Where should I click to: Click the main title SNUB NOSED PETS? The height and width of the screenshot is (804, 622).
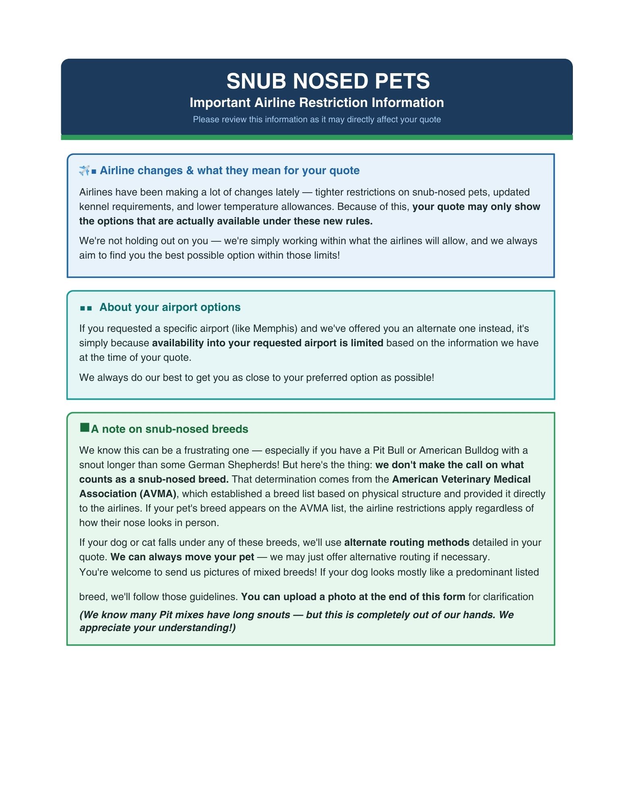tap(328, 81)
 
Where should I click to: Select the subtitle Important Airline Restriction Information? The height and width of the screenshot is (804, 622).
tap(316, 103)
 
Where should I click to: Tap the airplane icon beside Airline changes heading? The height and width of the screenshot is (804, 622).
tap(84, 171)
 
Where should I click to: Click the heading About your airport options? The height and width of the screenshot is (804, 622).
tap(169, 307)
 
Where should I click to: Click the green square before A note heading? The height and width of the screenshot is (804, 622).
tap(85, 428)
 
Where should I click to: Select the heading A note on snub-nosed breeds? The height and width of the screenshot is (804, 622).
tap(169, 429)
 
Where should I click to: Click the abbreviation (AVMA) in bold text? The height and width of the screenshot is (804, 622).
tap(158, 494)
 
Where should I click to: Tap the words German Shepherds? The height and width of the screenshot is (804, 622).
tap(233, 465)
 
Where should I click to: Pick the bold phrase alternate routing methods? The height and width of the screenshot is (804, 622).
tap(407, 543)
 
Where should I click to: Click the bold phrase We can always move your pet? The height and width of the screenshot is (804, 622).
tap(182, 557)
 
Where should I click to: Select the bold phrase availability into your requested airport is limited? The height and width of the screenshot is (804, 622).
tap(267, 343)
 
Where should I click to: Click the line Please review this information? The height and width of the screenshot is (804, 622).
tap(316, 119)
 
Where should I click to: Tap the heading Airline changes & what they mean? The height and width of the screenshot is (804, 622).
tap(229, 171)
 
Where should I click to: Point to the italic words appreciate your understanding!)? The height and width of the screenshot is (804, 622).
tap(157, 628)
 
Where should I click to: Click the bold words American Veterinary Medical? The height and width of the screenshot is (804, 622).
tap(461, 479)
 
